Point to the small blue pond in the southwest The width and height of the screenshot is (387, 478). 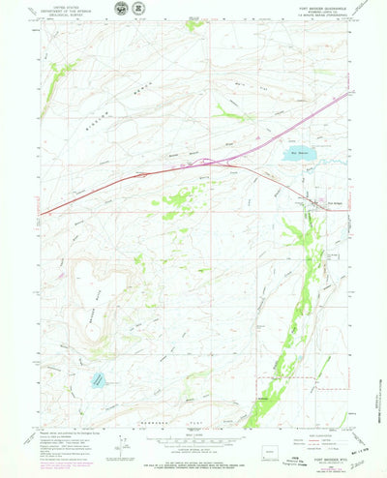tap(98, 381)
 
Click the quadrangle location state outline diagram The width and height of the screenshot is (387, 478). tap(289, 450)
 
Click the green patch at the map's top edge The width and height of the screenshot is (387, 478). tap(195, 24)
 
